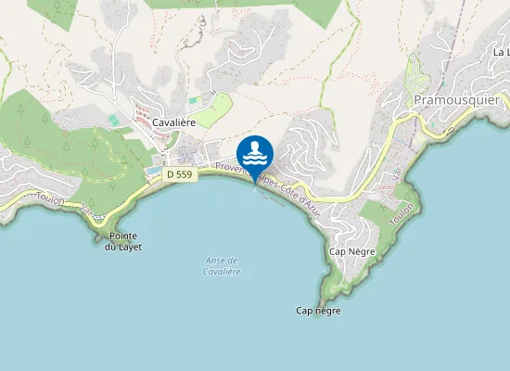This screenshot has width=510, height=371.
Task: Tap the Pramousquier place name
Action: (456, 99)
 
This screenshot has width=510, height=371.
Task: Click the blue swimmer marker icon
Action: (255, 153)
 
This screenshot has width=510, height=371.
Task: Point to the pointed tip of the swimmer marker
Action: (255, 182)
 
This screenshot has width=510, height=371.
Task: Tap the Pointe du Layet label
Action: (122, 242)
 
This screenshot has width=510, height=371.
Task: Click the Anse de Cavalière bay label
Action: (222, 266)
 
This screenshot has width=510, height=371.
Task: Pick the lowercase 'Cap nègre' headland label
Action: (318, 311)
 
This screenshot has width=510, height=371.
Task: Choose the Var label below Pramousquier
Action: (397, 172)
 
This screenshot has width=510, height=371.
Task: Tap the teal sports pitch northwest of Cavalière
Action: (113, 120)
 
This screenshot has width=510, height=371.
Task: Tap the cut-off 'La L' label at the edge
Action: (501, 54)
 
